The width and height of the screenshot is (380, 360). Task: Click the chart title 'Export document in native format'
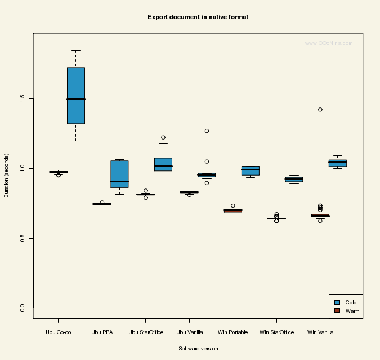198,17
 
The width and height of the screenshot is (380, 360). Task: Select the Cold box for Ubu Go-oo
76,96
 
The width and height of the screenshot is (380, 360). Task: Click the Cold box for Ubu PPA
119,174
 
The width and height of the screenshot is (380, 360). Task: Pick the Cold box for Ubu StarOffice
163,164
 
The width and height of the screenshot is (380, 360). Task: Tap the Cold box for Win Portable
251,171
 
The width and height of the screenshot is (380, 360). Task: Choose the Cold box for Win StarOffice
294,179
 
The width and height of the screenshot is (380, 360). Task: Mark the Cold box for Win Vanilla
338,163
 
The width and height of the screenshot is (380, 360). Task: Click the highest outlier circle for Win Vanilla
320,110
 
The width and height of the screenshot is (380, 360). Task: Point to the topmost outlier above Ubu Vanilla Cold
207,131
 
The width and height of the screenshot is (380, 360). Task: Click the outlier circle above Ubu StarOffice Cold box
163,137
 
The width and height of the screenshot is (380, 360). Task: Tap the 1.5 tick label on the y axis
23,98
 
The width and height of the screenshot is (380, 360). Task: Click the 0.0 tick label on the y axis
23,308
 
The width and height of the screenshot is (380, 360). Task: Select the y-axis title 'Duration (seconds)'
7,175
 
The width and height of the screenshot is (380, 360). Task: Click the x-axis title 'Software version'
198,349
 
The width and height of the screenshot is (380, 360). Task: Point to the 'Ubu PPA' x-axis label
102,332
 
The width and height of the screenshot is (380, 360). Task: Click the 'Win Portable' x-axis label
233,332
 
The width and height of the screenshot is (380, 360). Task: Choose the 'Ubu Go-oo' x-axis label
59,332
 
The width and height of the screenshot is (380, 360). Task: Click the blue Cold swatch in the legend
337,303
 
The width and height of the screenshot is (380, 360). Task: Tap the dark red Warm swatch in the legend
337,310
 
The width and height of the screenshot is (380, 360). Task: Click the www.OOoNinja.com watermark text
329,43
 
